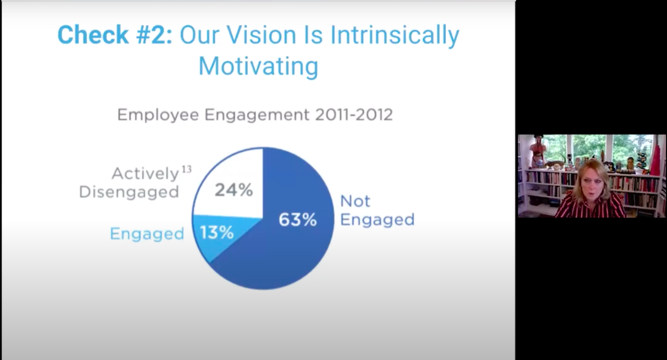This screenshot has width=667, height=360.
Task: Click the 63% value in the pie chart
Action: coord(298,220)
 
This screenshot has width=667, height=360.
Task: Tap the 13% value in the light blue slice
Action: coord(217,233)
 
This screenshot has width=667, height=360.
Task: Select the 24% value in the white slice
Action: coord(234,190)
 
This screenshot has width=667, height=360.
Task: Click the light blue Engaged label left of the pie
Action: coord(147,234)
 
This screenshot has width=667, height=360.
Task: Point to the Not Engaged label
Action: coord(377,211)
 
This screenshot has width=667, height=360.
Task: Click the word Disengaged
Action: coord(129,192)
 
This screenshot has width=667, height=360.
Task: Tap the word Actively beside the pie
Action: coord(145,174)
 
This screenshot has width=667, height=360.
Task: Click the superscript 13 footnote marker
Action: coord(187,169)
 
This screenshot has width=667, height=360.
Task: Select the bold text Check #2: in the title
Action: coord(115,35)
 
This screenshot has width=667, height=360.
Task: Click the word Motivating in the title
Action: coord(258,66)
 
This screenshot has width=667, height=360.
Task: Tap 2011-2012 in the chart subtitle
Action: coord(354,115)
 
